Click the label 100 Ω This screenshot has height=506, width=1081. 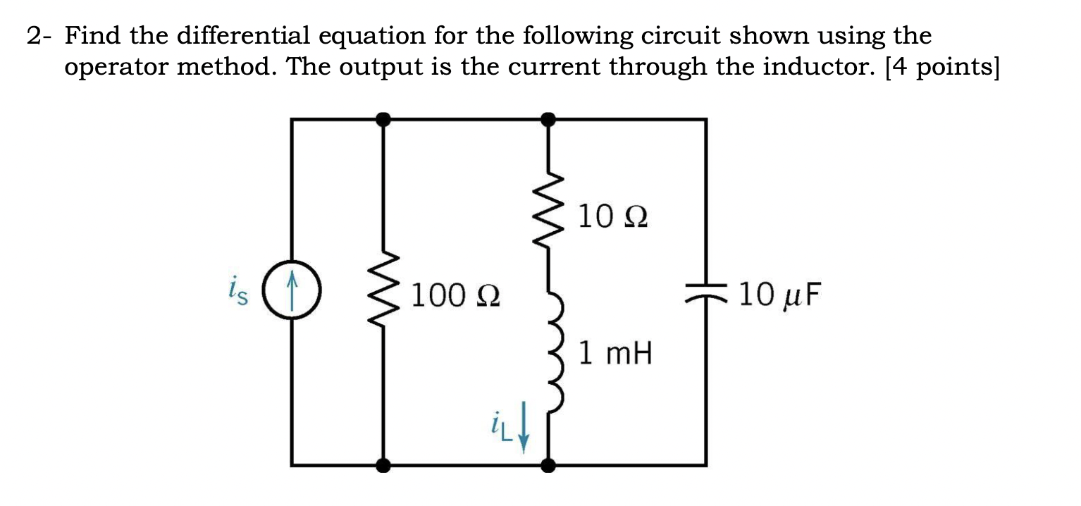point(455,295)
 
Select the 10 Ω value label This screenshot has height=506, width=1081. point(612,217)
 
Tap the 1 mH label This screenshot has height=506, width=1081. point(615,353)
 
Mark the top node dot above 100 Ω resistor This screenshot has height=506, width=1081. point(383,120)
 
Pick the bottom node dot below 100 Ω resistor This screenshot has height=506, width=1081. point(383,465)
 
